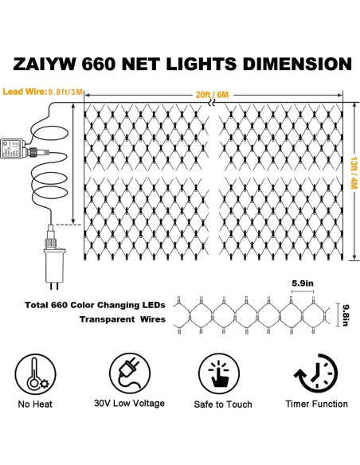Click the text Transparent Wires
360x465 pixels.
[x=122, y=319]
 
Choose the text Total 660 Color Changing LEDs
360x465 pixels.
[x=93, y=304]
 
